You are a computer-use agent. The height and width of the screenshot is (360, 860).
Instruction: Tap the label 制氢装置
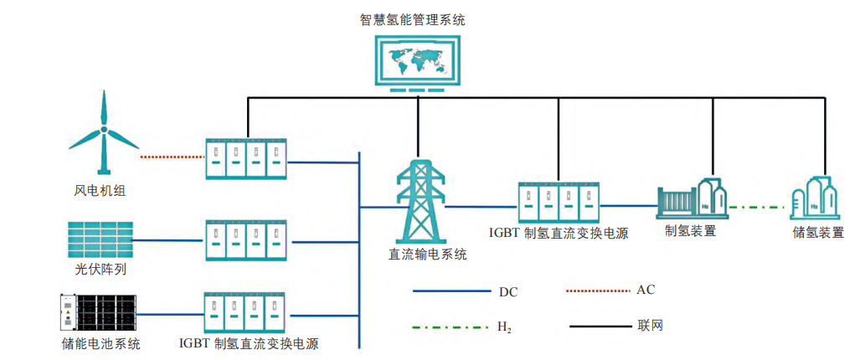tap(690, 231)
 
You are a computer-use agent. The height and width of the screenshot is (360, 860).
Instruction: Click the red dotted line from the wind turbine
tap(172, 157)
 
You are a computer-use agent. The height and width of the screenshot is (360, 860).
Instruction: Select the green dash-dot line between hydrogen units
tap(758, 206)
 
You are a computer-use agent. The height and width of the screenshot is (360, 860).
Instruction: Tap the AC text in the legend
tap(646, 290)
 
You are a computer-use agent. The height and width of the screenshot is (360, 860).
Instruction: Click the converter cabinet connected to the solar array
tap(245, 241)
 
